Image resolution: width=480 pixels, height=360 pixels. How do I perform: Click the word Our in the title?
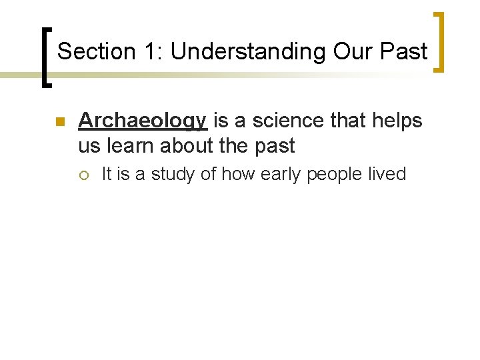[x=347, y=51]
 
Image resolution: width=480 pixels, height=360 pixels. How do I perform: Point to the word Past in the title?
[x=403, y=51]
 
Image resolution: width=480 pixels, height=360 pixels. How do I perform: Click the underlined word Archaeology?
[x=143, y=121]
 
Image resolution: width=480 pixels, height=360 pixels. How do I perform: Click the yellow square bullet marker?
[x=59, y=122]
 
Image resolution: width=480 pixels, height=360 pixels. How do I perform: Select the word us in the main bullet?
[x=87, y=145]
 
